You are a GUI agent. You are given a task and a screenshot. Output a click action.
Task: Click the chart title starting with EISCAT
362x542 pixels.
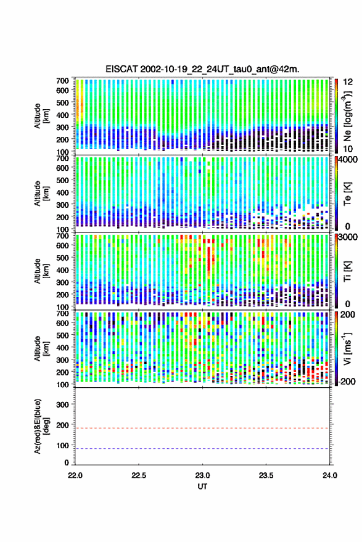pyautogui.click(x=202, y=69)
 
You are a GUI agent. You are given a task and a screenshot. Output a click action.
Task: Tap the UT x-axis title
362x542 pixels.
pyautogui.click(x=202, y=487)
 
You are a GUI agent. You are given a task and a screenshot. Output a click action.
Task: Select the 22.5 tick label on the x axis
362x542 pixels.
pyautogui.click(x=139, y=475)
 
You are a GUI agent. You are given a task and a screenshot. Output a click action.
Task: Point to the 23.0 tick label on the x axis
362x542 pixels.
pyautogui.click(x=202, y=475)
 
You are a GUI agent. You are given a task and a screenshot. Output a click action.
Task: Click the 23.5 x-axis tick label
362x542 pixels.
pyautogui.click(x=266, y=475)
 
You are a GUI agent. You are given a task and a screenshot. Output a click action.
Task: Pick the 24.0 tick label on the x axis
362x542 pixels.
pyautogui.click(x=329, y=475)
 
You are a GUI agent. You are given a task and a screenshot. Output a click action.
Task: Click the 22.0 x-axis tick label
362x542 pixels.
pyautogui.click(x=75, y=475)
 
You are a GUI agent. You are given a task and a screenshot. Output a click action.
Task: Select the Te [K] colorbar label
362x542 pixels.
pyautogui.click(x=347, y=194)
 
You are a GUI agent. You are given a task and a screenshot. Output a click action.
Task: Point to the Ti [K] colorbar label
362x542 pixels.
pyautogui.click(x=347, y=272)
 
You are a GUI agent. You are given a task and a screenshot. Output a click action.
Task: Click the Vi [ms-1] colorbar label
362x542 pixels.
pyautogui.click(x=347, y=349)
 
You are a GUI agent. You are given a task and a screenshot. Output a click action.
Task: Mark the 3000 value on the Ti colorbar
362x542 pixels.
pyautogui.click(x=348, y=237)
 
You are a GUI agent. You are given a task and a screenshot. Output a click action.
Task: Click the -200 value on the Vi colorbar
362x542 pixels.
pyautogui.click(x=347, y=382)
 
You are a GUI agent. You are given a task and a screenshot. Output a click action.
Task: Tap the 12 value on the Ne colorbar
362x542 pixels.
pyautogui.click(x=348, y=82)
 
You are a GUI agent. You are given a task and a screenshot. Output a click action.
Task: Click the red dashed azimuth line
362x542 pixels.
pyautogui.click(x=202, y=429)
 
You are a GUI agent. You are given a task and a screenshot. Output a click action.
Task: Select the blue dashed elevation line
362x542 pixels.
pyautogui.click(x=202, y=449)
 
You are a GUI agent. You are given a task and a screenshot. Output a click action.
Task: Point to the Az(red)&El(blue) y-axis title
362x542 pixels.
pyautogui.click(x=41, y=427)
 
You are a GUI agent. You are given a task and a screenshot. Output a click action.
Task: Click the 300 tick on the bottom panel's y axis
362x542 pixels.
pyautogui.click(x=62, y=404)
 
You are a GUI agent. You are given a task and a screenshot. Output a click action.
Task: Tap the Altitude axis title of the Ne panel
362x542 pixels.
pyautogui.click(x=41, y=116)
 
